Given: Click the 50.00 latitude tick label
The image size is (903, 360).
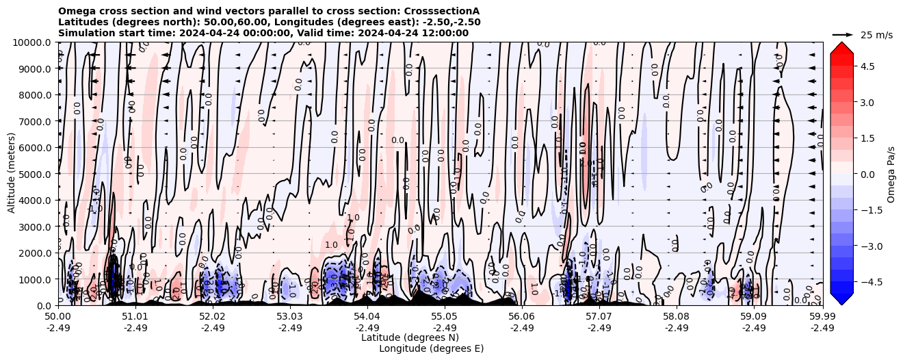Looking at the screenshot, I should [58, 317].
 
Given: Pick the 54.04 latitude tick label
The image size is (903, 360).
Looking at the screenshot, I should [367, 317].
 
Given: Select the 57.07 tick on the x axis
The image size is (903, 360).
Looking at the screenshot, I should [599, 317].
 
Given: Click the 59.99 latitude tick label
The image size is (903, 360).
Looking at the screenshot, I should [822, 317].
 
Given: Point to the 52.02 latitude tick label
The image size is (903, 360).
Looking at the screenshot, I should [213, 317].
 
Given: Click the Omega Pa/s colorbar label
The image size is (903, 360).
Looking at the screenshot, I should [891, 174].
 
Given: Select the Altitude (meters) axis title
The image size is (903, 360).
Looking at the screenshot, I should [12, 174].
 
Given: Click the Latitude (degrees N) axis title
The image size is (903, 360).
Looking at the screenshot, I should [410, 337].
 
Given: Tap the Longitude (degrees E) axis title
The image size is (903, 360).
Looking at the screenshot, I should [431, 348].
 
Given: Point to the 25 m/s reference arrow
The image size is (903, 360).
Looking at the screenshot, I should [843, 34].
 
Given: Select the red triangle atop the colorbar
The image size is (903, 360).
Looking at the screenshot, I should [841, 47].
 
